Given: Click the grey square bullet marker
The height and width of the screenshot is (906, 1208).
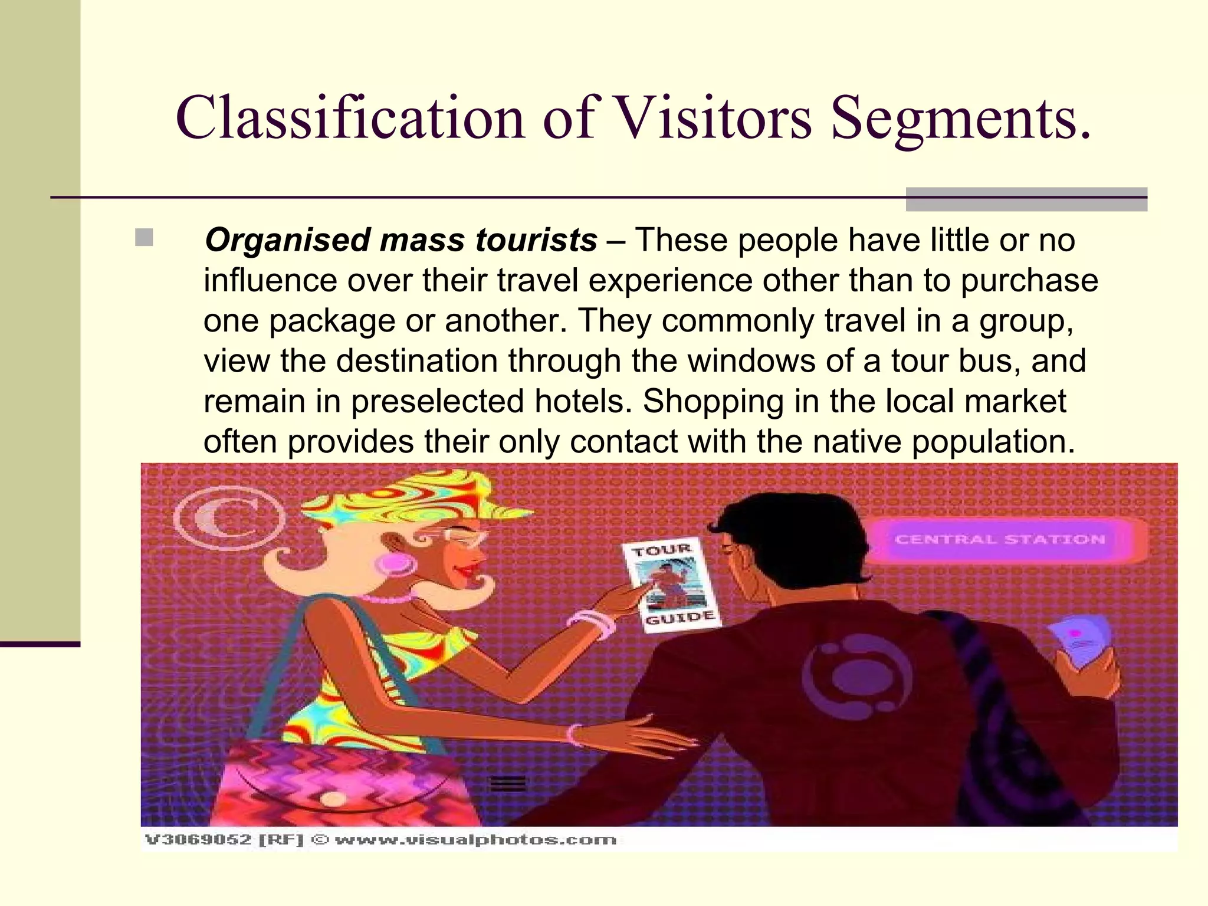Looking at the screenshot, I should coord(144,238).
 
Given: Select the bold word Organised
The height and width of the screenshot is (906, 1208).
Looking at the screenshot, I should coord(287,241).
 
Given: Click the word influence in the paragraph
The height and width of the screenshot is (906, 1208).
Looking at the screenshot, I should coord(270,280).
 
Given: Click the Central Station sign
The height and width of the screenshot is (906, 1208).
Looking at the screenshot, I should coord(1000,539).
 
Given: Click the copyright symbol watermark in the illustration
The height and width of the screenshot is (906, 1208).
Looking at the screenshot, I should coord(229,518).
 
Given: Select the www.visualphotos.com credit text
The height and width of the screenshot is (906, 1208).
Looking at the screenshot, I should coord(475,839).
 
